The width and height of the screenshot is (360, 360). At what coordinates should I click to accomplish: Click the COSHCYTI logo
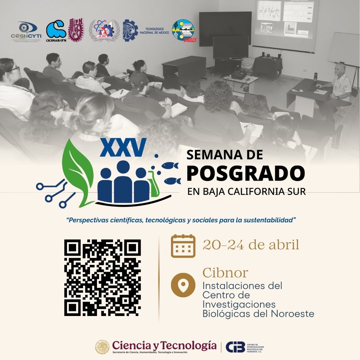pyautogui.click(x=28, y=32)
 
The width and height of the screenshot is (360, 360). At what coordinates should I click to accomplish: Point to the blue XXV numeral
pyautogui.click(x=123, y=147)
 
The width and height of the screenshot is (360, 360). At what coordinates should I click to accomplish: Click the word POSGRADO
pyautogui.click(x=246, y=173)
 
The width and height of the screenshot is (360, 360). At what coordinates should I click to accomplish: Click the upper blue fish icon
pyautogui.click(x=170, y=165)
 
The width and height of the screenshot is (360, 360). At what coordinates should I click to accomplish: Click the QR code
pyautogui.click(x=102, y=278)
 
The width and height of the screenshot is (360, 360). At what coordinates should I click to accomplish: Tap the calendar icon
pyautogui.click(x=183, y=246)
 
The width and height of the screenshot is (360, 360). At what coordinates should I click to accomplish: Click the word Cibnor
pyautogui.click(x=225, y=273)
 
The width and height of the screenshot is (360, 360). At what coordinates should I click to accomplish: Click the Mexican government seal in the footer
pyautogui.click(x=102, y=347)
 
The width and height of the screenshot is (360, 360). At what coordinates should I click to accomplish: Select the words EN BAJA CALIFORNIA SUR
pyautogui.click(x=246, y=192)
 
